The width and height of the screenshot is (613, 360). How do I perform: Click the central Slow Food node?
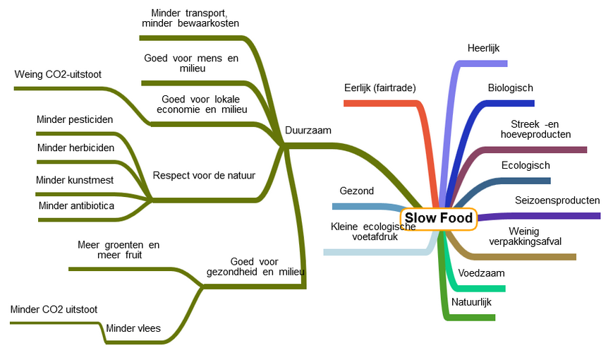point(438,219)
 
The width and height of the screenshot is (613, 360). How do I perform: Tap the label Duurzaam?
point(308,131)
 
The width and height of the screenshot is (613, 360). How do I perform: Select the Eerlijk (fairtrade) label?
point(380,88)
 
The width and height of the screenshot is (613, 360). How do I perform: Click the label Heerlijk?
point(483,48)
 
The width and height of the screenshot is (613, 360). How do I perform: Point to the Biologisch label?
point(510,88)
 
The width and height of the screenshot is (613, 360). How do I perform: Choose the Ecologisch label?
point(526,166)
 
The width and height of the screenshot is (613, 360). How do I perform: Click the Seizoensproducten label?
point(557,200)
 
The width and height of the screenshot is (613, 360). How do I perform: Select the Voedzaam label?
point(481,273)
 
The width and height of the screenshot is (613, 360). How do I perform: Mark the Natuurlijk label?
point(471,302)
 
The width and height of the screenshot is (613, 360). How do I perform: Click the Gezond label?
point(357,191)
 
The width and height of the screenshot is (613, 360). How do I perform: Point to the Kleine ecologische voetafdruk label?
point(373,232)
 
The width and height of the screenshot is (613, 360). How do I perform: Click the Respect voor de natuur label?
point(204,176)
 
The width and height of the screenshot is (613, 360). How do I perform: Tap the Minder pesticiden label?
point(75,119)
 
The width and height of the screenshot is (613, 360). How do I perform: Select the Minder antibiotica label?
point(76,206)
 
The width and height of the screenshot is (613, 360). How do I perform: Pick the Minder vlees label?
point(133,328)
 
